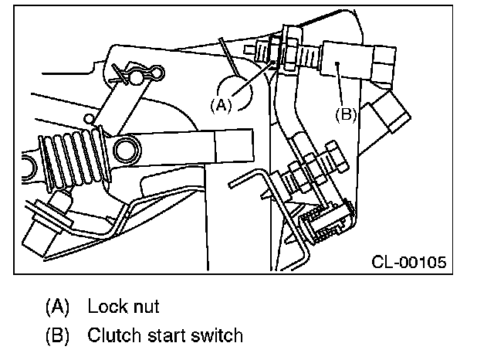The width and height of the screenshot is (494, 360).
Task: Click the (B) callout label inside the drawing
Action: click(x=345, y=113)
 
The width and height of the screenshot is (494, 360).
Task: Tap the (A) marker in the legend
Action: click(x=56, y=307)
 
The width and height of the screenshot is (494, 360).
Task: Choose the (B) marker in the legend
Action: click(x=56, y=336)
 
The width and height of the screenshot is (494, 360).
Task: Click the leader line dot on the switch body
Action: click(x=339, y=68)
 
